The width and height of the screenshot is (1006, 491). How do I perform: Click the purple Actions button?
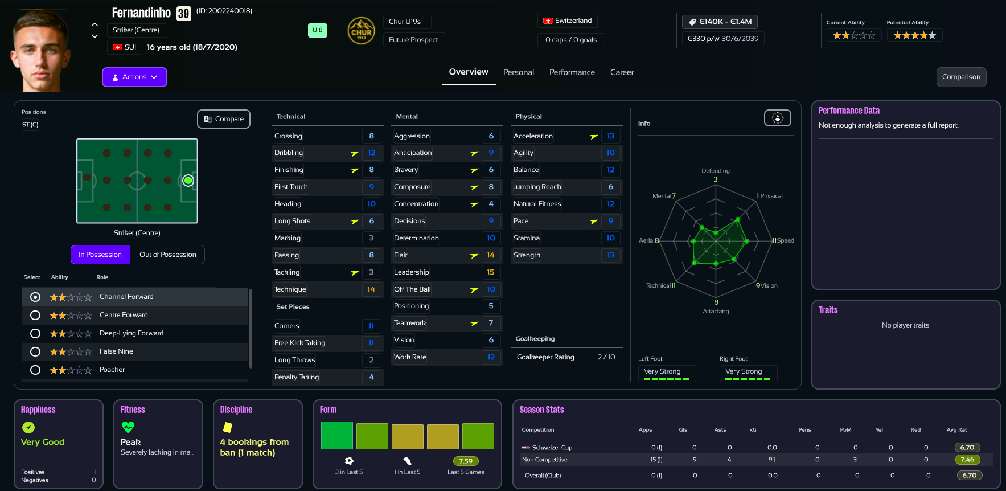134,77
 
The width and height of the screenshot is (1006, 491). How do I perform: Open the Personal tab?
518,72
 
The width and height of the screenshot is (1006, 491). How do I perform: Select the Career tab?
622,72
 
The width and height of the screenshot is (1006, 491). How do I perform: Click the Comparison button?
961,77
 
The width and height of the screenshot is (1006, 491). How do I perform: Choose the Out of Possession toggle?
168,255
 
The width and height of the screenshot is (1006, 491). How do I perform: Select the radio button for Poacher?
35,370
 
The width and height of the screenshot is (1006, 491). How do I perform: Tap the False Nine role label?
116,351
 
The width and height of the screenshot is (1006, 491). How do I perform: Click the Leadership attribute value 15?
491,272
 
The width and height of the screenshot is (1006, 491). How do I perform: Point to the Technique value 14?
371,289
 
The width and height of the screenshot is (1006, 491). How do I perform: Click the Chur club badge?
361,31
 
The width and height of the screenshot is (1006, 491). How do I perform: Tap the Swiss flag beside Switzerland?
548,21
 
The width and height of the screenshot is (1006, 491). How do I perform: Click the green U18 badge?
317,30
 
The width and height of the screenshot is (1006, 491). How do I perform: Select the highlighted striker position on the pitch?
188,181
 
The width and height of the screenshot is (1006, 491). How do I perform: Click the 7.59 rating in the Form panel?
466,461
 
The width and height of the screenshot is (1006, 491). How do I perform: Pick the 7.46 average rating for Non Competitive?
967,460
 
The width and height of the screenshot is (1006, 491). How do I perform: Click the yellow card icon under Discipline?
228,427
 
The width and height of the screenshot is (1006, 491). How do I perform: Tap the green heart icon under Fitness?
128,427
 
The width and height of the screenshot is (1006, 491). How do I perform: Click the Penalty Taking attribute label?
297,377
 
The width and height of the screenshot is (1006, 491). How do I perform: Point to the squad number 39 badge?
183,14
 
